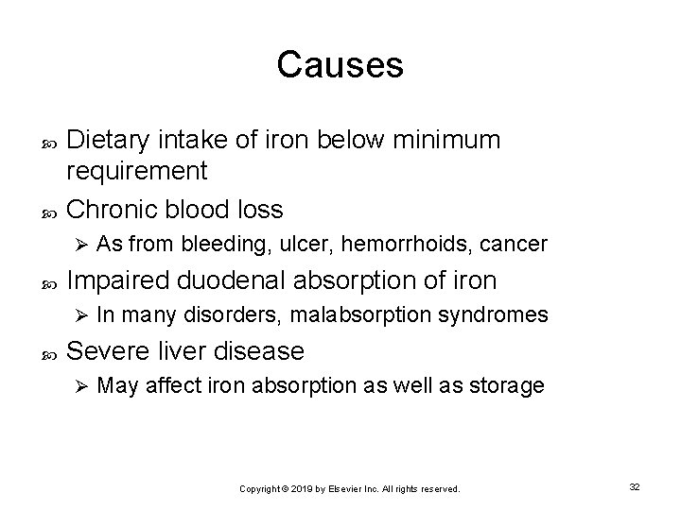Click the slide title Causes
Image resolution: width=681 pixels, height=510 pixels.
340,65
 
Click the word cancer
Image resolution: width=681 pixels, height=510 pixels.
514,245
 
